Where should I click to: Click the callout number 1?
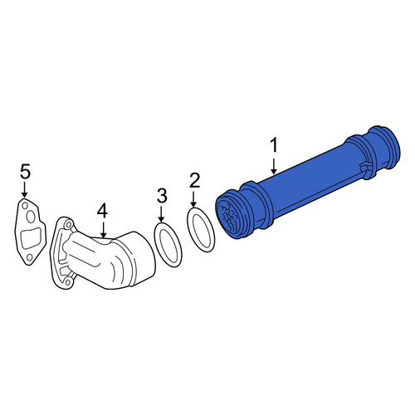(x=274, y=145)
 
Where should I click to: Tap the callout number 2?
(x=194, y=180)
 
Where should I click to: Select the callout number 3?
(x=162, y=195)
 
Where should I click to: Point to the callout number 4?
(x=102, y=212)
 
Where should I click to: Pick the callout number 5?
(x=25, y=172)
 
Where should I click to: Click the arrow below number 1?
(x=274, y=166)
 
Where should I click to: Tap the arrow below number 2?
(x=194, y=199)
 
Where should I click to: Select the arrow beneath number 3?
(x=162, y=214)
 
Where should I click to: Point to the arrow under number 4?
(x=103, y=230)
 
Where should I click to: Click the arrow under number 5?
(x=25, y=190)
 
